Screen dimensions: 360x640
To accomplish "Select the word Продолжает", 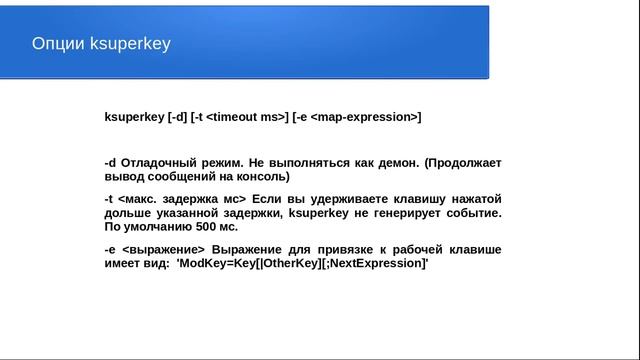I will [465, 163].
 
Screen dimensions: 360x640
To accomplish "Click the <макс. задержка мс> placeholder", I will [182, 199].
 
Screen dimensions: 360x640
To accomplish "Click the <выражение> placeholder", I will [162, 249].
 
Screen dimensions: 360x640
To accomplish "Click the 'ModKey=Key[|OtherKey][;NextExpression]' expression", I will [301, 263].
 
